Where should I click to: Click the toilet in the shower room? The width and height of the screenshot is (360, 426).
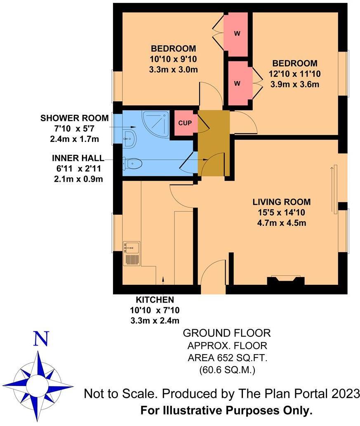133,164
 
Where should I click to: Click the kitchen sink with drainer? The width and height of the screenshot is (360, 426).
132,253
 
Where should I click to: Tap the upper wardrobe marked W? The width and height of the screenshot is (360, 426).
237,34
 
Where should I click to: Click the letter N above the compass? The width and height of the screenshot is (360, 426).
41,339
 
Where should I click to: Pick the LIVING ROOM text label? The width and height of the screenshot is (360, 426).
281,202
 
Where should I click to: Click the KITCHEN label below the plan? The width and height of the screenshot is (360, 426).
155,300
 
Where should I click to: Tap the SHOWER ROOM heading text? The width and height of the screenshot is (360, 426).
75,118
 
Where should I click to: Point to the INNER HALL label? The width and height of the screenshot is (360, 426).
78,159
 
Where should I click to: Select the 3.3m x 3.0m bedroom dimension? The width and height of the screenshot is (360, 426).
173,69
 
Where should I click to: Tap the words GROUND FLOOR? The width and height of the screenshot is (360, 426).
226,333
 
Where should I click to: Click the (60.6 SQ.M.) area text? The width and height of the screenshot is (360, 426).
226,370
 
